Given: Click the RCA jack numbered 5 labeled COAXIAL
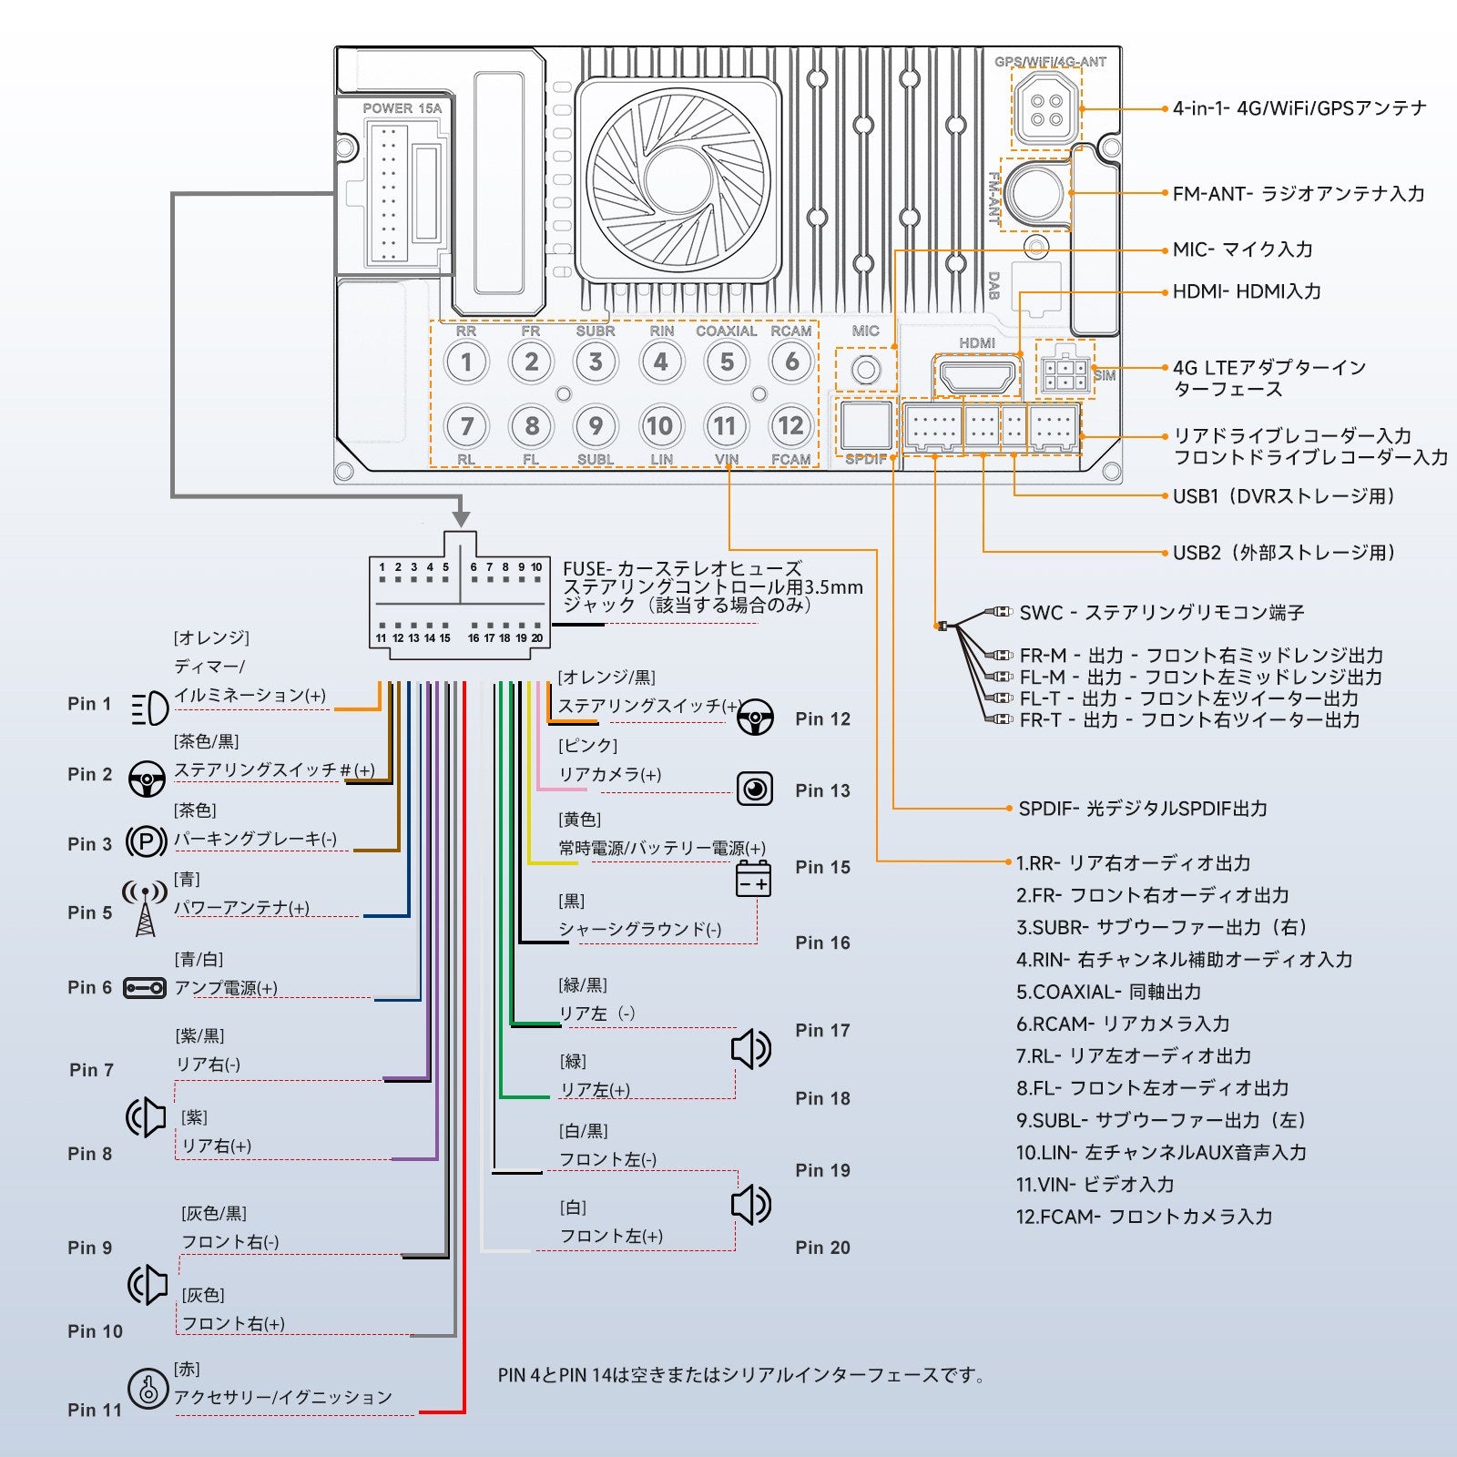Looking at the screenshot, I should coord(727,362).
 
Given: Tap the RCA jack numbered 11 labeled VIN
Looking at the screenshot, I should coord(725,426).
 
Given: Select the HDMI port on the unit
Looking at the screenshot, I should coord(976,375).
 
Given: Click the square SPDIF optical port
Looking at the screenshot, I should coord(866,425).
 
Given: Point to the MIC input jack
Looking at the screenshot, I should coord(866,370).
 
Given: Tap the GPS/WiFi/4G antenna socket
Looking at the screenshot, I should coord(1046,108).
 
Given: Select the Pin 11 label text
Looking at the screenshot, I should coord(95,1410).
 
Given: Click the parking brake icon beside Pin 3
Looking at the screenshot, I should coord(146,841).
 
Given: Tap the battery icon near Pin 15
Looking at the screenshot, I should coord(753,878).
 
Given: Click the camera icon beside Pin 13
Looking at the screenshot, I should coord(754,789).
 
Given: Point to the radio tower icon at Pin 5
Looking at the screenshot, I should coord(145,907).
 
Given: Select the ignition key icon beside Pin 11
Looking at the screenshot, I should coord(148,1389).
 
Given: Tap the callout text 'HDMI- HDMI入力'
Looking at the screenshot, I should coord(1246,292).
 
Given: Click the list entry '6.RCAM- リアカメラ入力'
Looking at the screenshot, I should coord(1122,1024).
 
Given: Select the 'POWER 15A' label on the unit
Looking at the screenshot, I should coord(402,108).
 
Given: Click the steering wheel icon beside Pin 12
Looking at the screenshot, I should coord(755,718).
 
